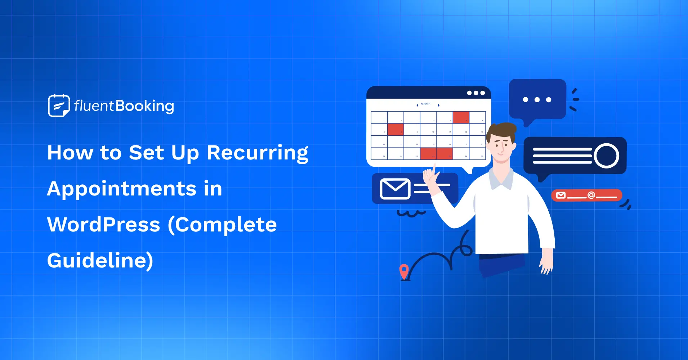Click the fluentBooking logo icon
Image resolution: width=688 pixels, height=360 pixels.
(59, 105)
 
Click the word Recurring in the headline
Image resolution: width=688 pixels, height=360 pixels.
(258, 153)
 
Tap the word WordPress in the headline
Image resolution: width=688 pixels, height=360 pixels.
(103, 225)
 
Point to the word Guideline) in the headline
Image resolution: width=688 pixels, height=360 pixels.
(100, 260)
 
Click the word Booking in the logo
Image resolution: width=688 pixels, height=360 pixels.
(145, 106)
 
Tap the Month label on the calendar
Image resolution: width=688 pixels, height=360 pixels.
(425, 104)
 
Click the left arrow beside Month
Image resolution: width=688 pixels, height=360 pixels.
(417, 105)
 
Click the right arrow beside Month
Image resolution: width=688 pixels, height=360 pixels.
(438, 105)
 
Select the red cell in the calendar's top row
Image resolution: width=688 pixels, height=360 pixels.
(461, 117)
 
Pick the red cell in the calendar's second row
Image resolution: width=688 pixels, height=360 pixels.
(396, 129)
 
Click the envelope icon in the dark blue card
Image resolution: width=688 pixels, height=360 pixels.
(395, 189)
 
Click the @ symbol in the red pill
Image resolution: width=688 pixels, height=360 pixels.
(591, 195)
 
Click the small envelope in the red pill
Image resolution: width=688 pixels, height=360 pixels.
(561, 195)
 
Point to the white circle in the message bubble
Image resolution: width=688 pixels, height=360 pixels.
(607, 156)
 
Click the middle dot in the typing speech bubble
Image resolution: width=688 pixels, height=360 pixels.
(537, 100)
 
